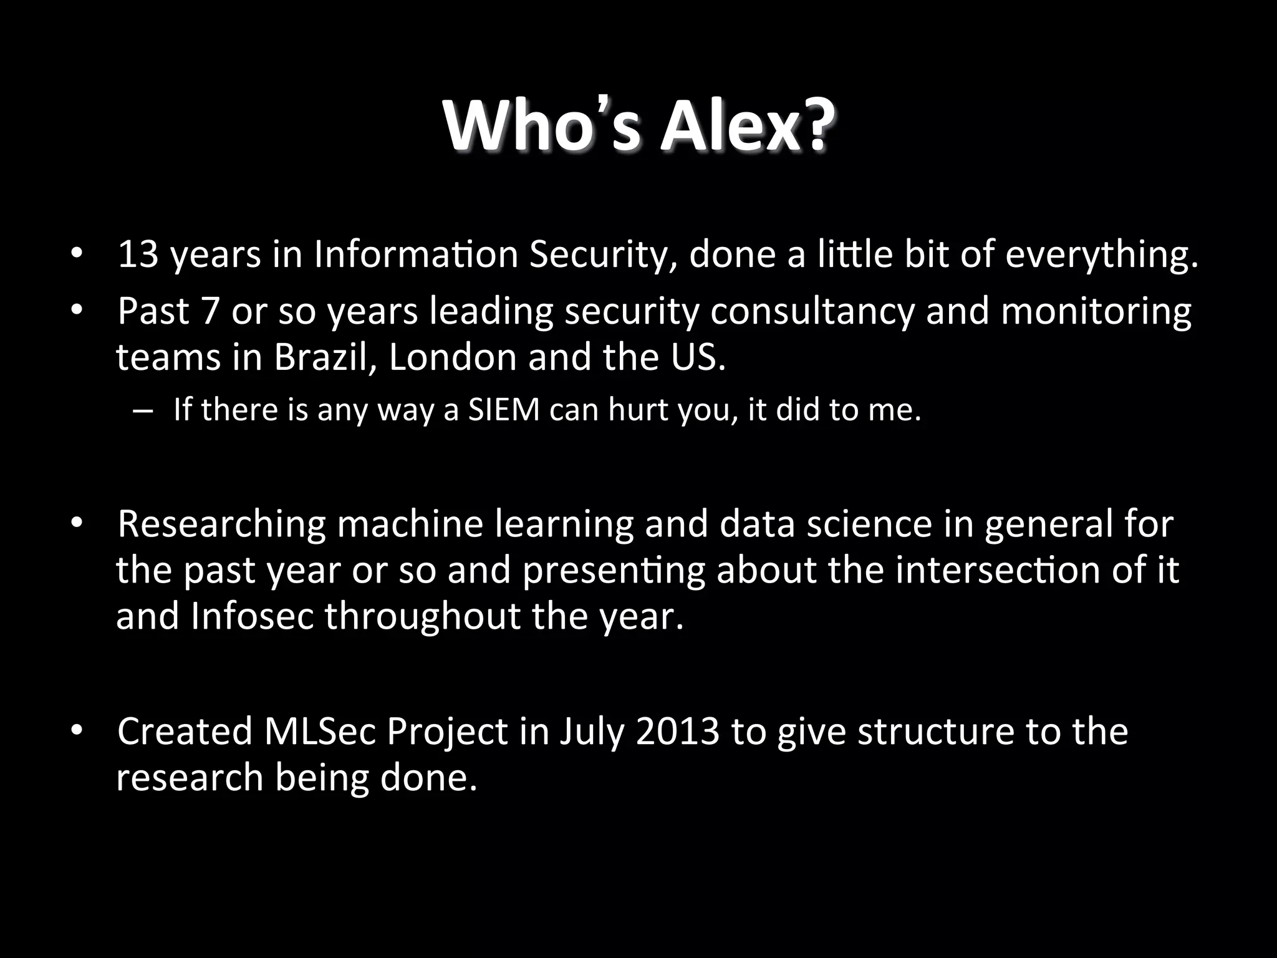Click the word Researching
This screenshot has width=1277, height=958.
coord(221,524)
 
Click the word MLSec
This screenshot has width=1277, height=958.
coord(319,732)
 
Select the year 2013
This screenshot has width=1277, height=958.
coord(678,732)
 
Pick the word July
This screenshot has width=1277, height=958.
coord(592,732)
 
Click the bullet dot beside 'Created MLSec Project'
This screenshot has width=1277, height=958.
coord(76,730)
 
